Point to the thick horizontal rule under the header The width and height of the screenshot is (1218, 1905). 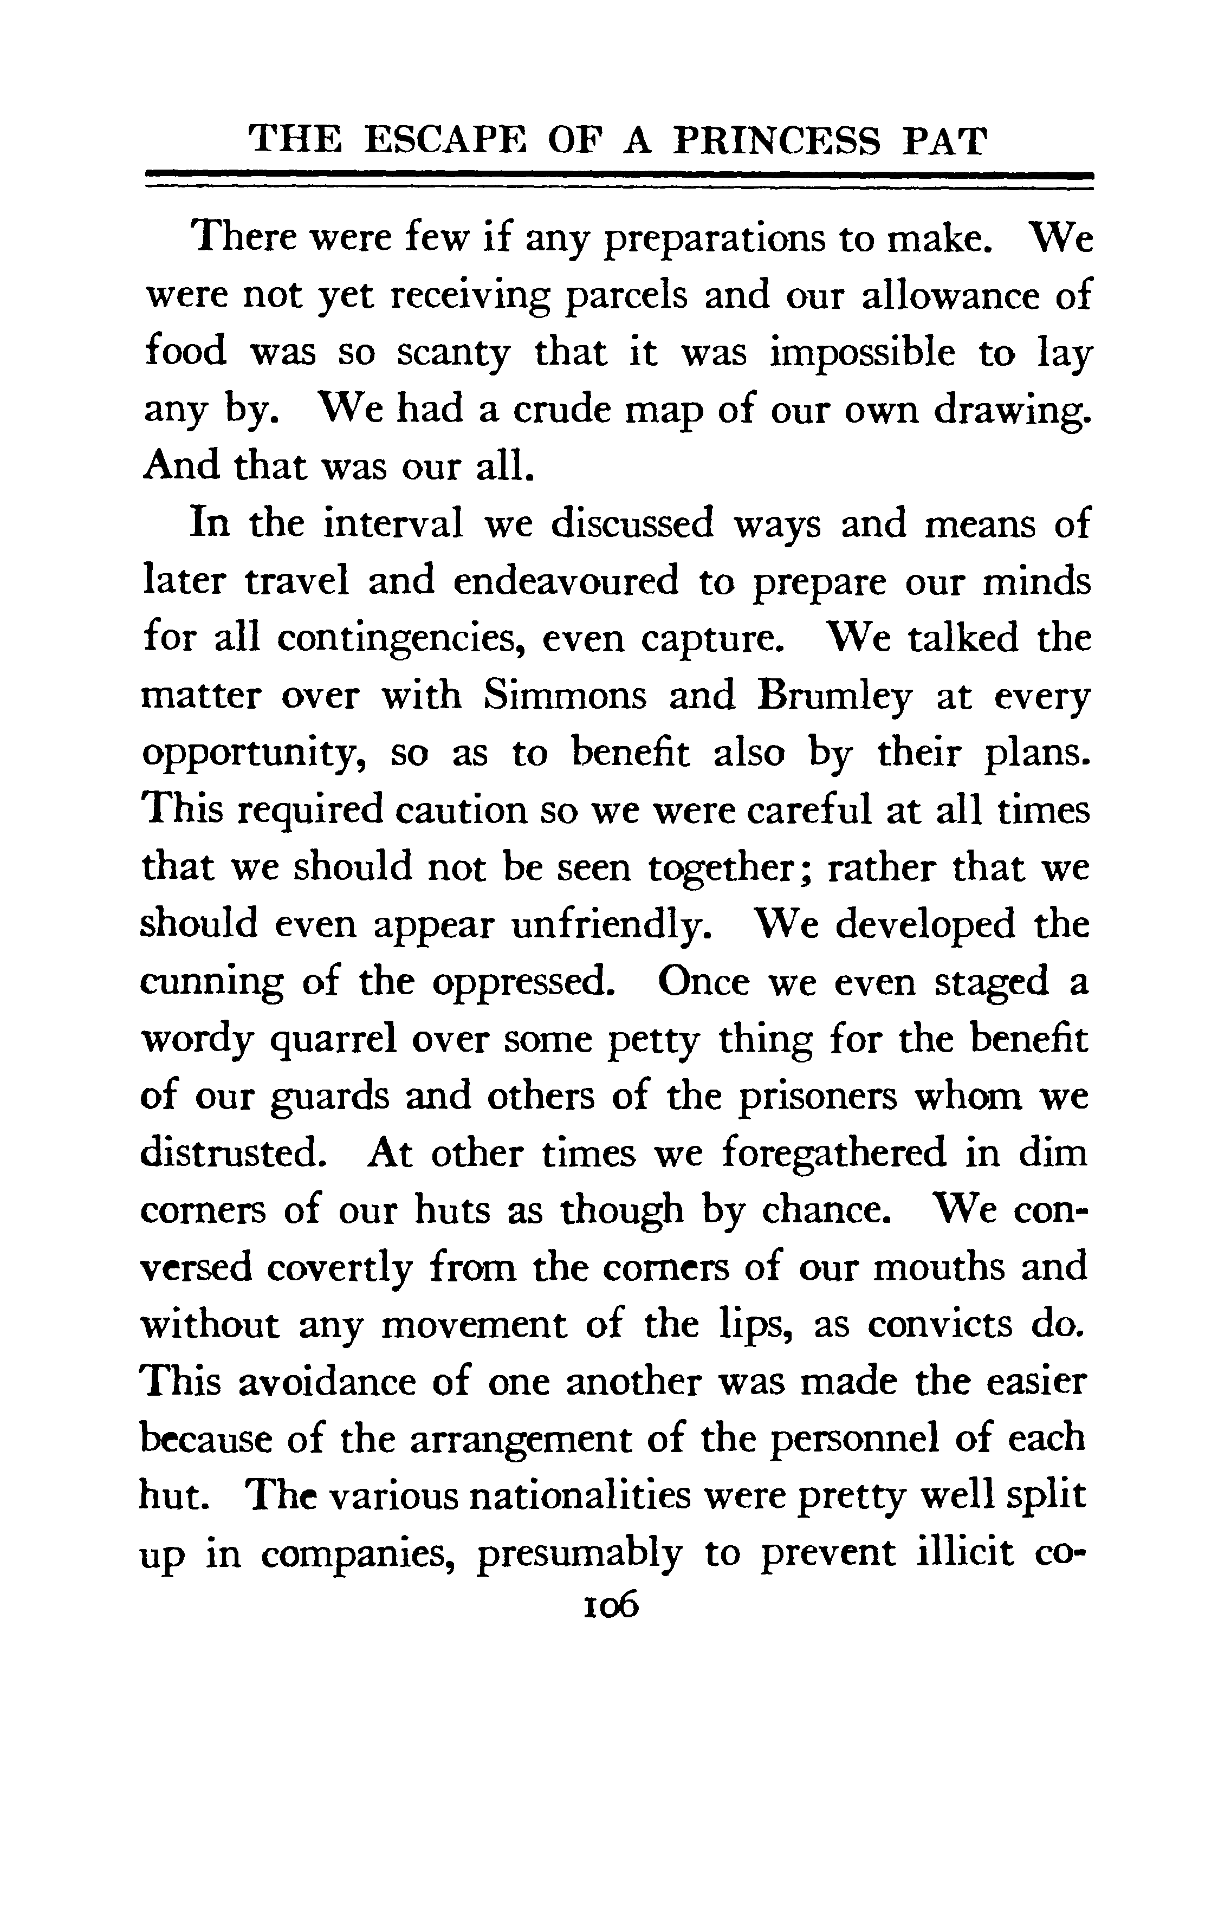click(619, 176)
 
